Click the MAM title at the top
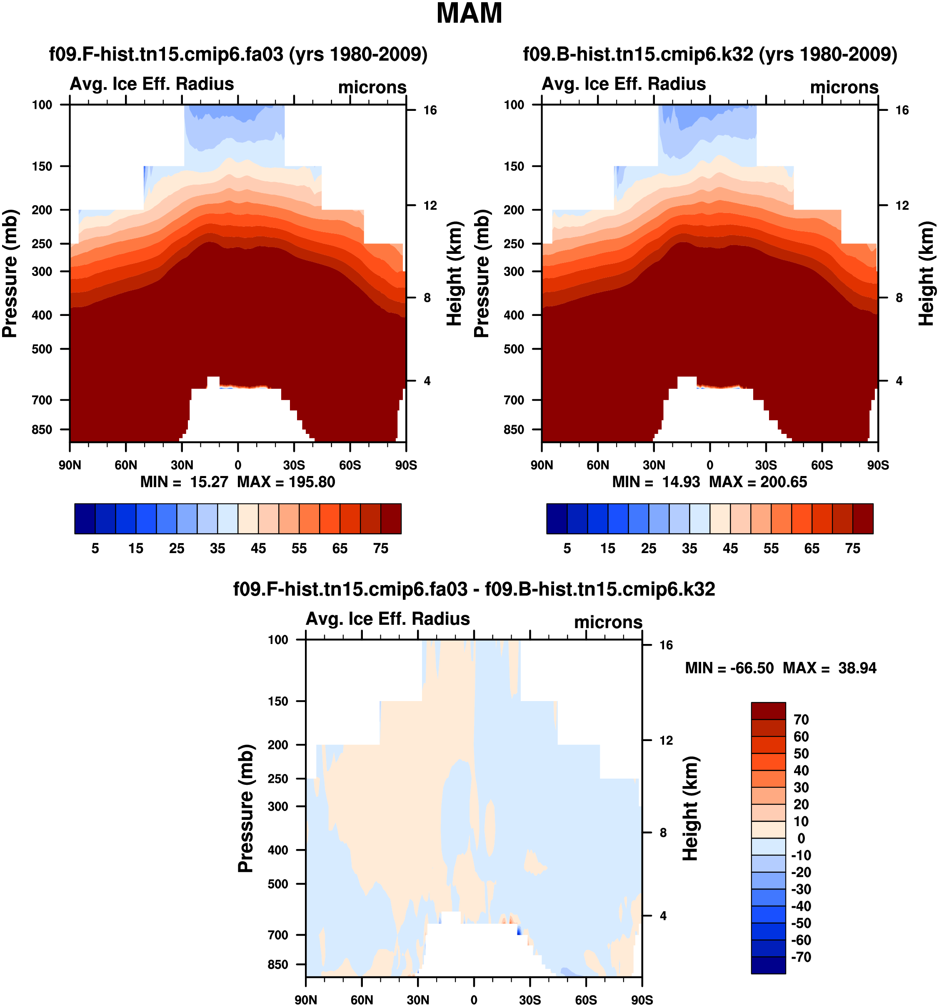tap(469, 14)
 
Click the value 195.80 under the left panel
tap(312, 482)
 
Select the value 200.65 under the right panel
tap(784, 482)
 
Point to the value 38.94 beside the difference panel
tap(857, 668)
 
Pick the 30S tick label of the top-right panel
tap(766, 465)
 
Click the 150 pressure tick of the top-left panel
tap(42, 166)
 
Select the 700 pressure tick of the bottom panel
tap(278, 935)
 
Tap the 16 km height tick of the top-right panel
tap(902, 110)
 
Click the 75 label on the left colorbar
tap(381, 549)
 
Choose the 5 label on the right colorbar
tap(567, 549)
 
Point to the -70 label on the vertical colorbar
tap(801, 957)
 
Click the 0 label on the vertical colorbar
tap(801, 838)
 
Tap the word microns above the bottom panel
tap(608, 622)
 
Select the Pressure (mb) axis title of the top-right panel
tap(482, 273)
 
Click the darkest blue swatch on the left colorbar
tap(85, 519)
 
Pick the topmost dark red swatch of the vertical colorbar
tap(768, 711)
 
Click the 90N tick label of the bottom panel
tap(306, 1000)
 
